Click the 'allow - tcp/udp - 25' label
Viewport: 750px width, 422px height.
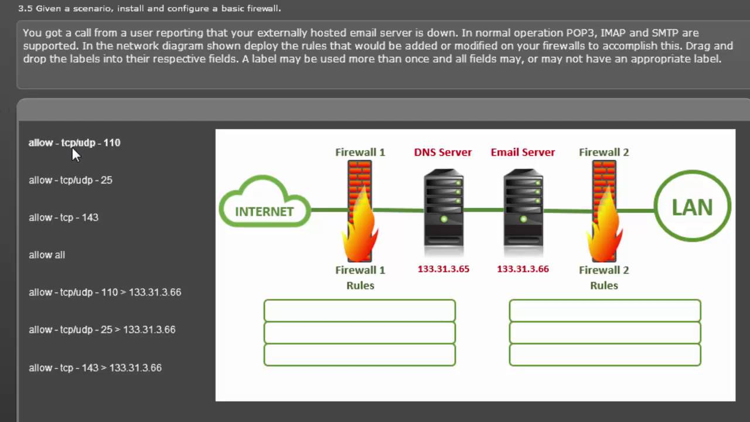coord(70,180)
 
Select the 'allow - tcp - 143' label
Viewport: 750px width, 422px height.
coord(63,217)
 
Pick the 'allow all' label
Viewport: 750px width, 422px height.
coord(47,255)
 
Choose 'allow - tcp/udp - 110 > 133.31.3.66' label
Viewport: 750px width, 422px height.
coord(105,292)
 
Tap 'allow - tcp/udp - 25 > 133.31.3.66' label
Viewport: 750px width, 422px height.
coord(102,329)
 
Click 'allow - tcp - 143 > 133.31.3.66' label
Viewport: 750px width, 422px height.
coord(95,367)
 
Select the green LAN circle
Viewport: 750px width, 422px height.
coord(692,206)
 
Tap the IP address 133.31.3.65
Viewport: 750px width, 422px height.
coord(444,269)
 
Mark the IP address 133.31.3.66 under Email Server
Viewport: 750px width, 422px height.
coord(523,269)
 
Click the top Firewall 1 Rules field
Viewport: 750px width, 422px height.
coord(359,311)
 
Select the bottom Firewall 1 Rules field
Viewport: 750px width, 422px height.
coord(359,355)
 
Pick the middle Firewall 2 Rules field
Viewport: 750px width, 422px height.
coord(605,333)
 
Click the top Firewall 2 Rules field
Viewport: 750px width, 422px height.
coord(605,311)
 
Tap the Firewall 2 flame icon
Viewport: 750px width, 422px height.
coord(604,229)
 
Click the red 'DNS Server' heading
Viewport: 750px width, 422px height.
coord(442,152)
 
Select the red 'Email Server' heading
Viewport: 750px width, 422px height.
coord(523,152)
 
